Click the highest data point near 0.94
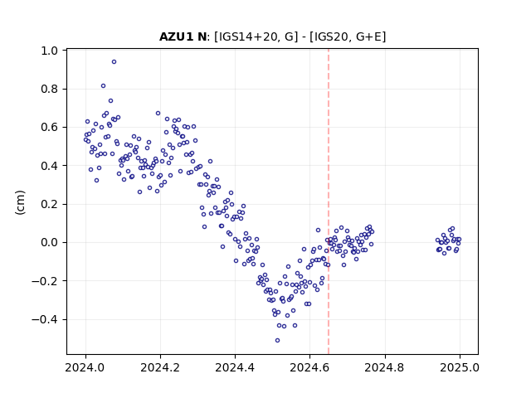(114, 61)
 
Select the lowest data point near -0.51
(277, 340)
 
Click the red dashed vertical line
(329, 201)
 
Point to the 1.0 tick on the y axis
(65, 51)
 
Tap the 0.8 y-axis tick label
(50, 89)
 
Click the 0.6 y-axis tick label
(50, 127)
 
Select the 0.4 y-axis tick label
(50, 166)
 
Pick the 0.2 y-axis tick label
(50, 204)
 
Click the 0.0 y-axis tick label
(50, 243)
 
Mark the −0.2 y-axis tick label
(45, 281)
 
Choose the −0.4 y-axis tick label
(45, 319)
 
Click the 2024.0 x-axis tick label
(85, 367)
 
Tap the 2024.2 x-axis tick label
(160, 367)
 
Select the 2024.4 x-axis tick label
(235, 367)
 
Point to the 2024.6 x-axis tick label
(309, 367)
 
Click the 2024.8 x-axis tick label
(384, 367)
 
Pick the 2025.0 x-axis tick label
(460, 367)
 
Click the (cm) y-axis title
(20, 202)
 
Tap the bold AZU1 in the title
(177, 36)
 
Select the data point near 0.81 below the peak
(103, 85)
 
